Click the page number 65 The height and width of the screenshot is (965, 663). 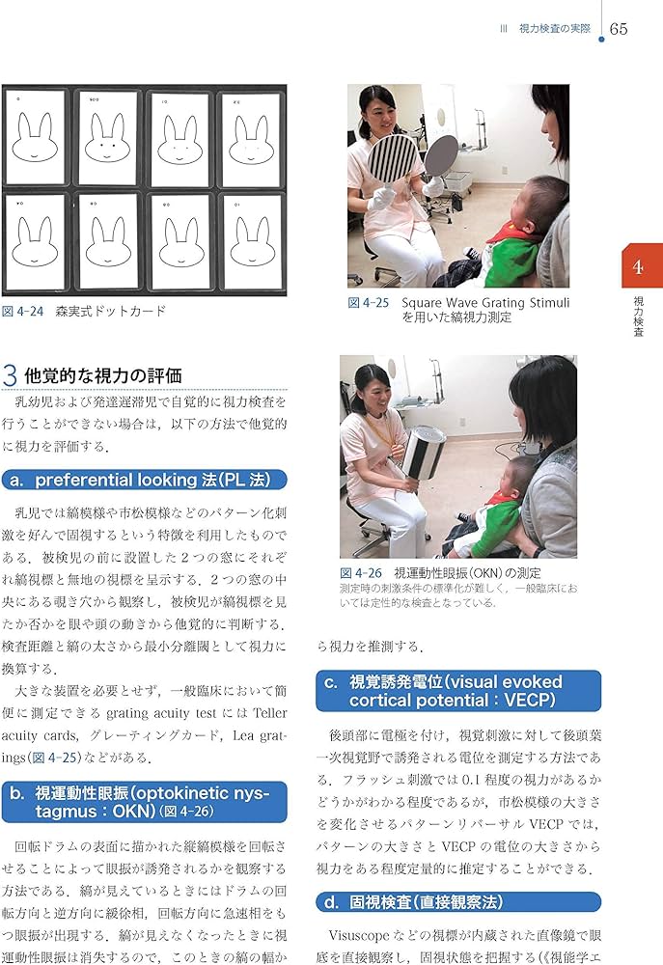point(619,29)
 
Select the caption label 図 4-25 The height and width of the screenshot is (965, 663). point(369,303)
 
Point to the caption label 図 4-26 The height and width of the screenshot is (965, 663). point(361,572)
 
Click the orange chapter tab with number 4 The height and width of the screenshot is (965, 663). point(638,266)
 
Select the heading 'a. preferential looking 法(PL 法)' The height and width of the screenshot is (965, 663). point(145,480)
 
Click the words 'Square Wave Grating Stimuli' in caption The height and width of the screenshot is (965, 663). point(485,303)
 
